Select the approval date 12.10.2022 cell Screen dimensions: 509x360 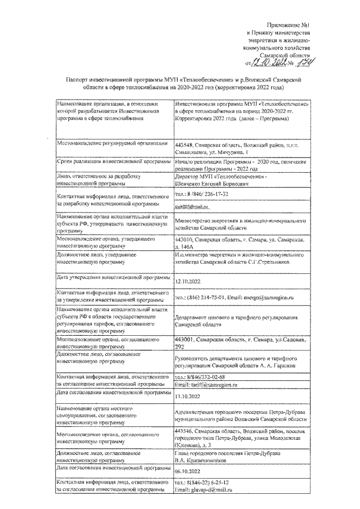[x=189, y=282]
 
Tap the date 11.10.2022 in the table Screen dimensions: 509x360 [x=189, y=397]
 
